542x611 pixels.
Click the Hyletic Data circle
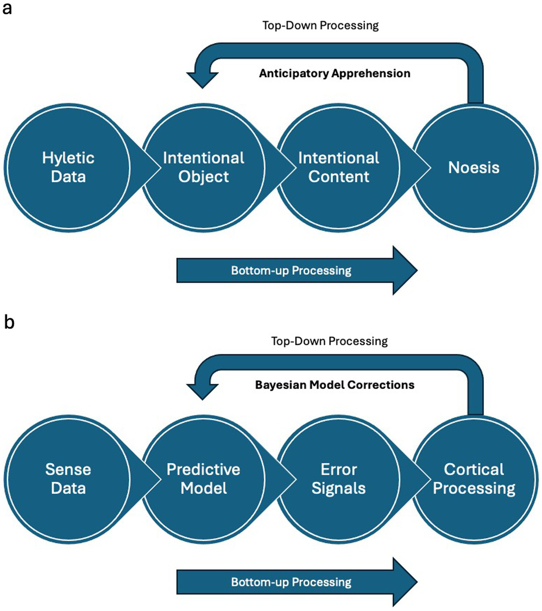click(x=68, y=168)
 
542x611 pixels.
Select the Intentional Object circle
click(x=203, y=168)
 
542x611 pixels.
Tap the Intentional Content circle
click(x=338, y=168)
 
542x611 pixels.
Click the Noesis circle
click(x=474, y=168)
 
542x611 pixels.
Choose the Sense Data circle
click(x=68, y=479)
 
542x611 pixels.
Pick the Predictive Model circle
click(x=203, y=479)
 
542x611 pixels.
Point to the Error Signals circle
click(x=338, y=479)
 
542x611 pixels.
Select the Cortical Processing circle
click(x=474, y=479)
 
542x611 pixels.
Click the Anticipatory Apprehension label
click(x=334, y=73)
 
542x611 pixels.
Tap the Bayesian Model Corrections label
click(x=334, y=385)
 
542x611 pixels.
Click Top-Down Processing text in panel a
click(x=320, y=25)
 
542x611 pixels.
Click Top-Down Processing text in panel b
click(x=329, y=341)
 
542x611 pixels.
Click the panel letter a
click(x=7, y=8)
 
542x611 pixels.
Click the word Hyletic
click(x=68, y=158)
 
